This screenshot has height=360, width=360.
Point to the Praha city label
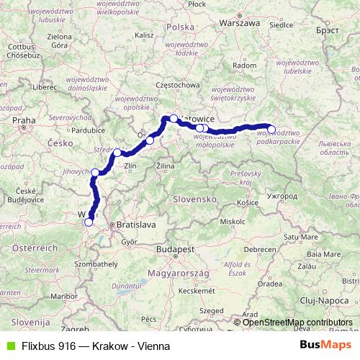click(x=24, y=120)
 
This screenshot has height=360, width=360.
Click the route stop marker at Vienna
click(x=89, y=222)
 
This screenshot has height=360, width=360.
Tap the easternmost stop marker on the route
click(x=271, y=130)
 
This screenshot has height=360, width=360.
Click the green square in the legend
click(x=8, y=346)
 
